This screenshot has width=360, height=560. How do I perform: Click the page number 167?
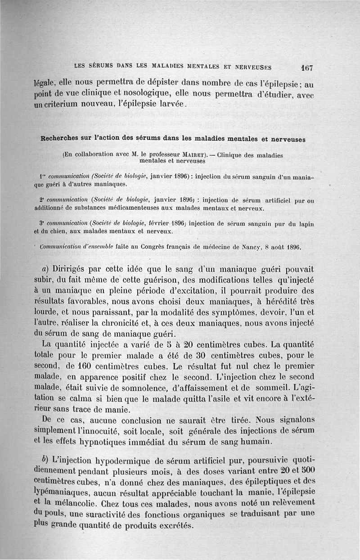click(307, 68)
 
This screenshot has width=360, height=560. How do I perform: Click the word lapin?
click(305, 224)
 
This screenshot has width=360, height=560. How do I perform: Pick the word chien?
click(66, 231)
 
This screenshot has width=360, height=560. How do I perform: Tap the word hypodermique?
click(123, 461)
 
